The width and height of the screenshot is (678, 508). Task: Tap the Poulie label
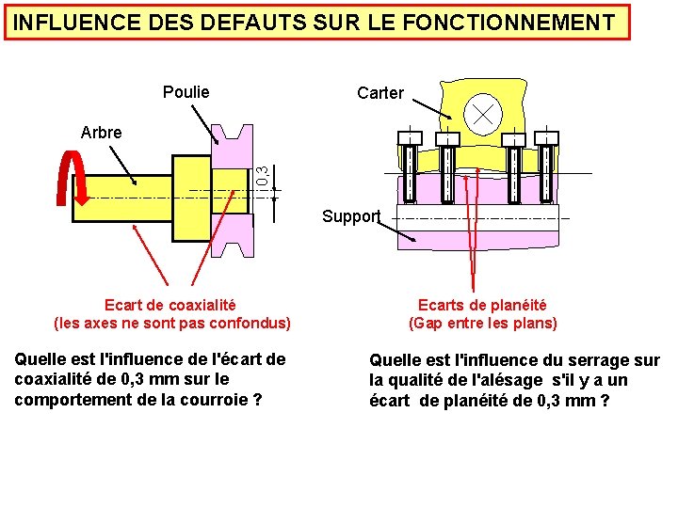[186, 92]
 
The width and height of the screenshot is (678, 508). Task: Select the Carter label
[380, 93]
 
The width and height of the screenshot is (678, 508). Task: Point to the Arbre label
[102, 133]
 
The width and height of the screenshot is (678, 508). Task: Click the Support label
[350, 216]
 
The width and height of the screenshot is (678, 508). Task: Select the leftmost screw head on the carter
[410, 138]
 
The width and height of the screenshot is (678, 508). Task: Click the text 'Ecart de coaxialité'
[170, 305]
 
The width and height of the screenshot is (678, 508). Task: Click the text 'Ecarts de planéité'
[482, 305]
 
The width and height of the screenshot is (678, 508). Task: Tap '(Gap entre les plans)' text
[482, 324]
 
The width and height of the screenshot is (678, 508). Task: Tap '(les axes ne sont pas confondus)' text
[172, 324]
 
